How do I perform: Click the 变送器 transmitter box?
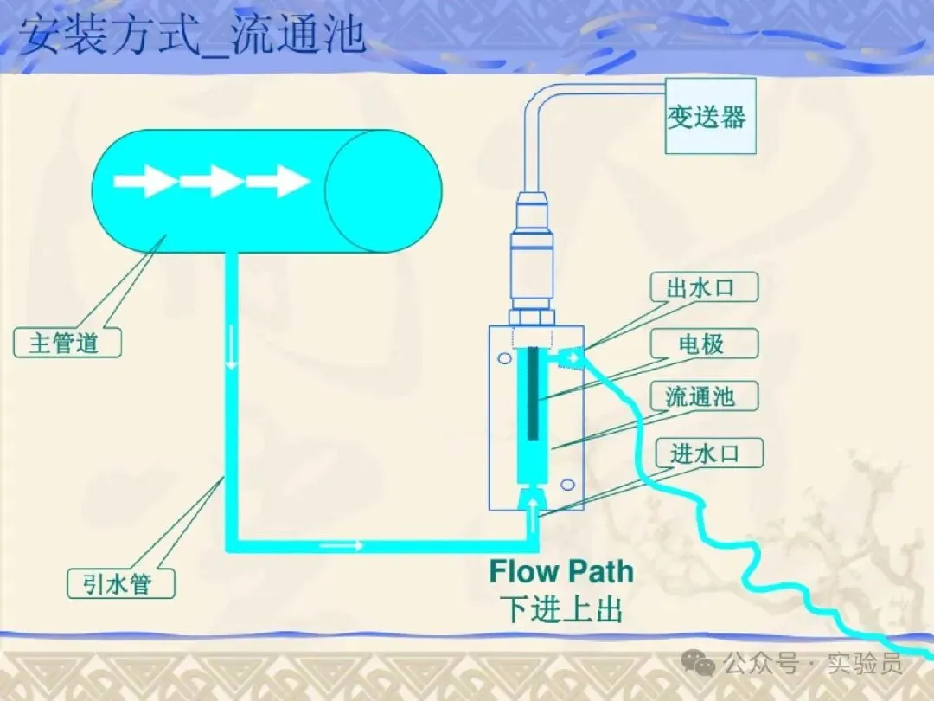pyautogui.click(x=709, y=116)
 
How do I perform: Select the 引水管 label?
pyautogui.click(x=121, y=583)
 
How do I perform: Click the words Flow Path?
pyautogui.click(x=561, y=571)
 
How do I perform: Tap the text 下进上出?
pyautogui.click(x=561, y=609)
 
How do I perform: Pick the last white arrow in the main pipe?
pyautogui.click(x=278, y=182)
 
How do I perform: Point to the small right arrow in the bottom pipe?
pyautogui.click(x=342, y=545)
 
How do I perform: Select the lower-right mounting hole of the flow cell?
pyautogui.click(x=567, y=484)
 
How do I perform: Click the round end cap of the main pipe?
pyautogui.click(x=383, y=190)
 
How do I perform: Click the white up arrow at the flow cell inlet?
pyautogui.click(x=533, y=502)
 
